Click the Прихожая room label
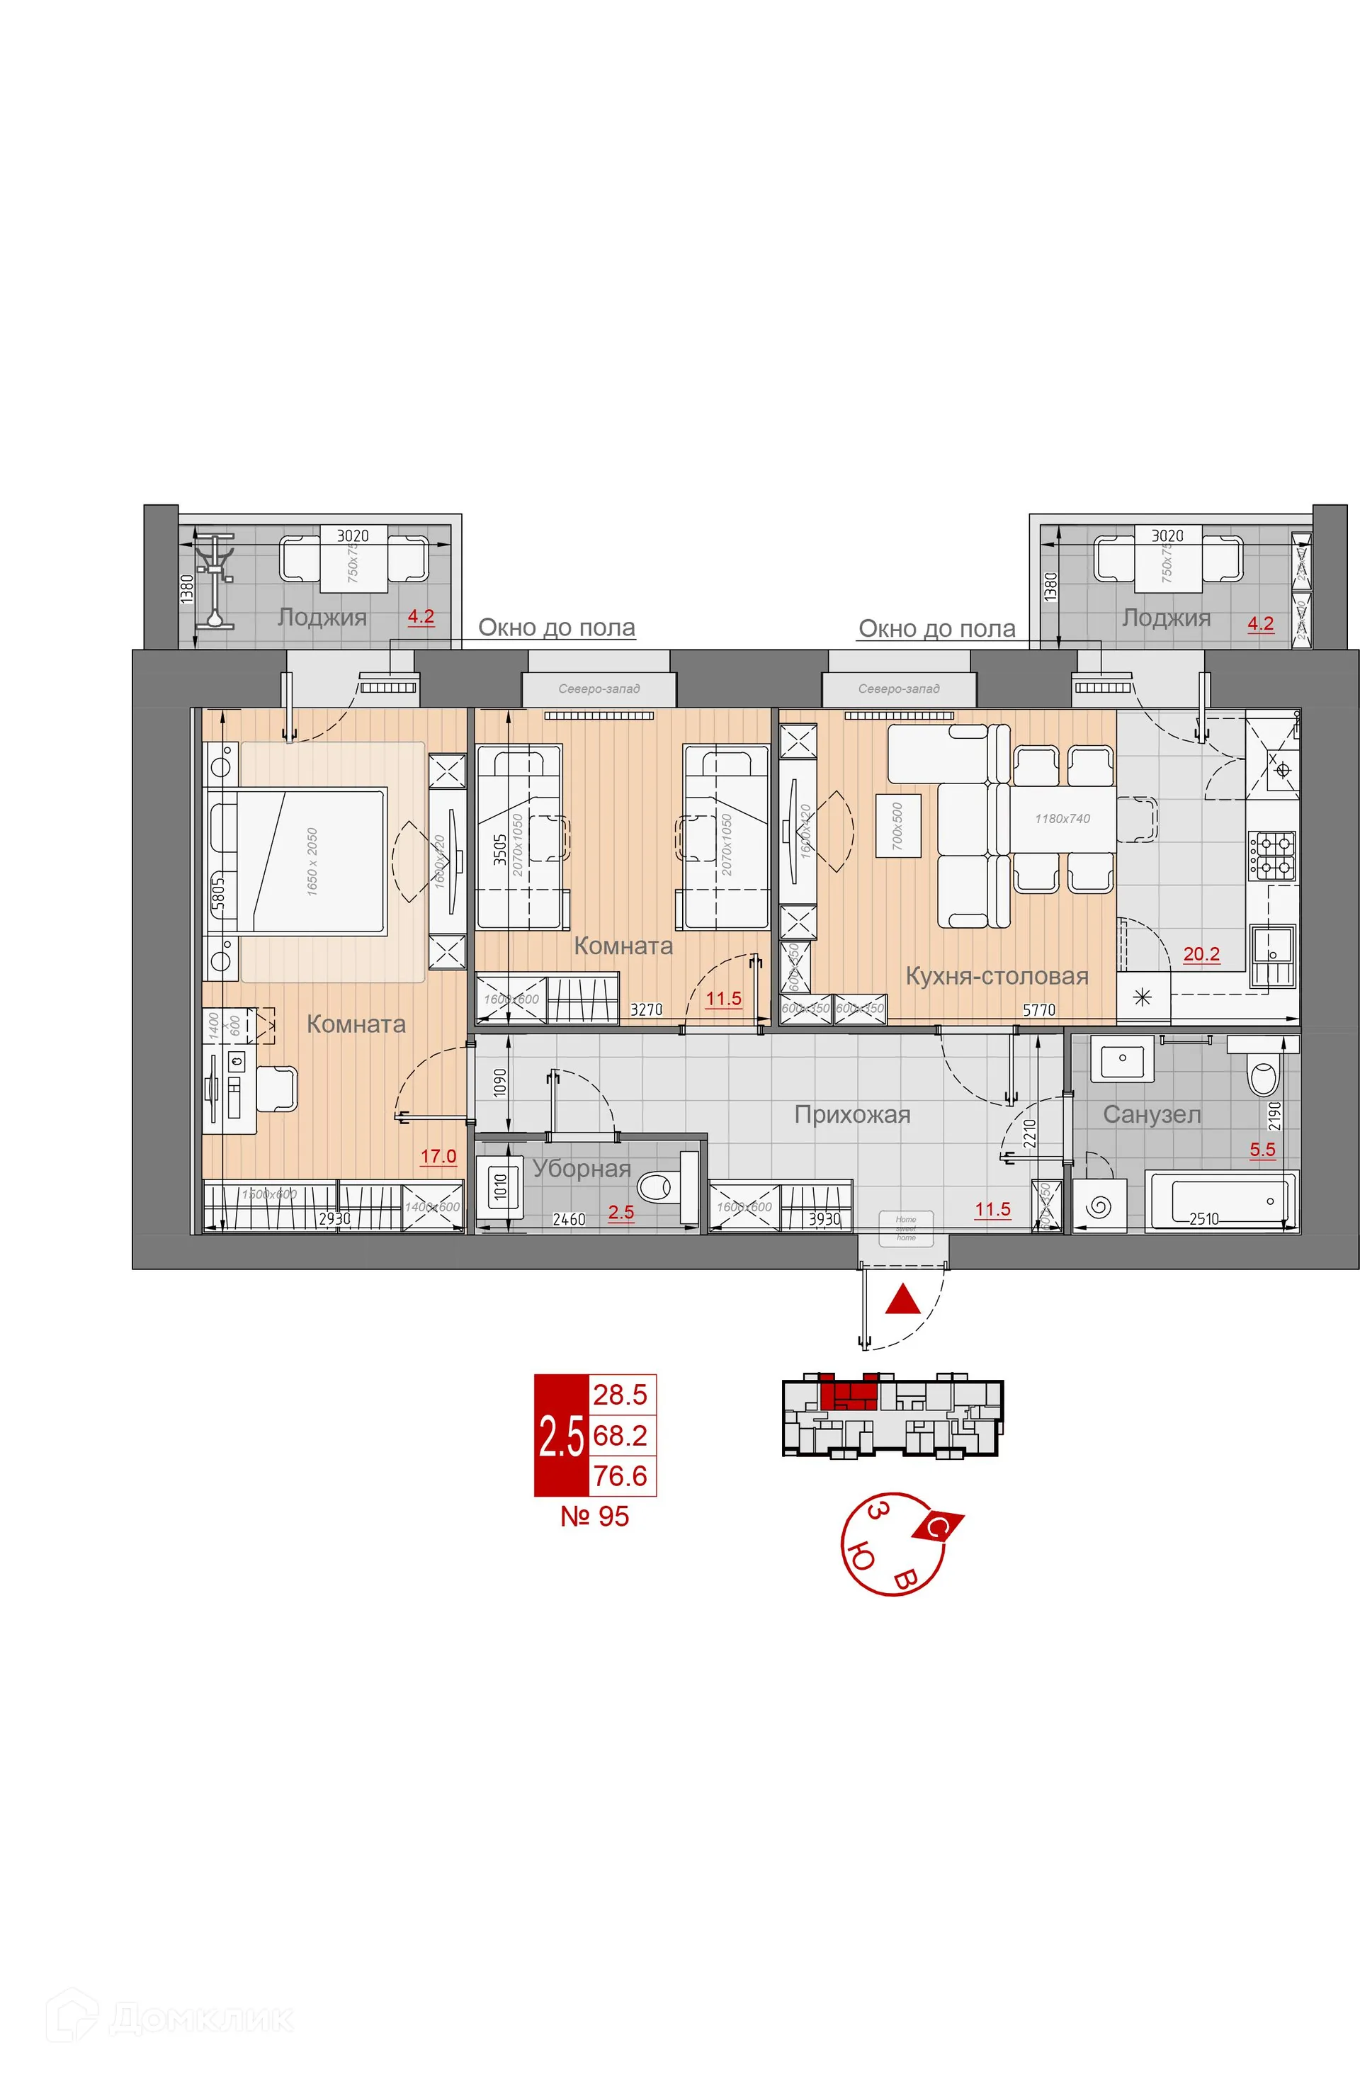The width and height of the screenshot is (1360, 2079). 851,1115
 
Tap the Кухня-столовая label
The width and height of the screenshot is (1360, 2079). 996,975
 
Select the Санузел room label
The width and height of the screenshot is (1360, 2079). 1151,1115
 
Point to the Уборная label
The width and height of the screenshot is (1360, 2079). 581,1169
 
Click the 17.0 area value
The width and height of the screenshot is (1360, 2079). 438,1157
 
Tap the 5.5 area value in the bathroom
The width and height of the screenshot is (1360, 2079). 1262,1150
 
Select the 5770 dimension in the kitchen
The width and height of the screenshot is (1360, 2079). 1038,1010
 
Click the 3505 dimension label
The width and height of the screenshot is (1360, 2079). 499,849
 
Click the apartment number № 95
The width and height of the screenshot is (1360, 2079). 595,1517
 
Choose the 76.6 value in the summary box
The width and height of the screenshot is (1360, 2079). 620,1476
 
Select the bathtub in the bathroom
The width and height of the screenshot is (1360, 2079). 1222,1202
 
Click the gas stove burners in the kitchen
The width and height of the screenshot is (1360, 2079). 1271,854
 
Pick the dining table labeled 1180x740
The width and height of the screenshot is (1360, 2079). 1062,819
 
